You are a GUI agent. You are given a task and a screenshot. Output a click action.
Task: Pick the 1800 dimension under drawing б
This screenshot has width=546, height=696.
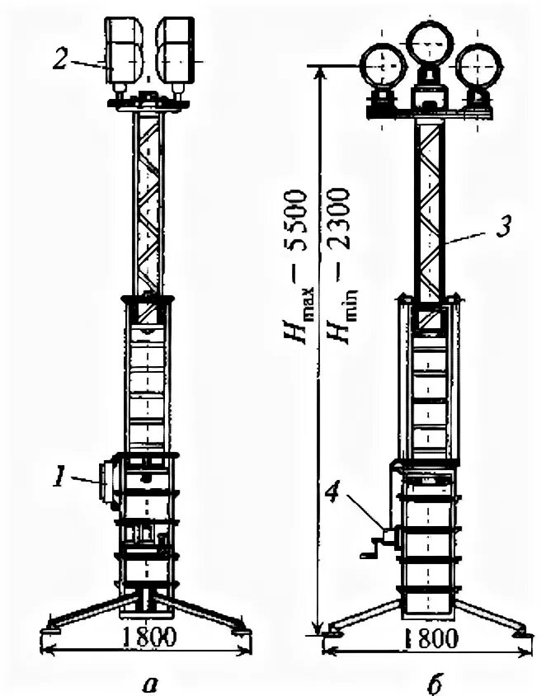pyautogui.click(x=427, y=639)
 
